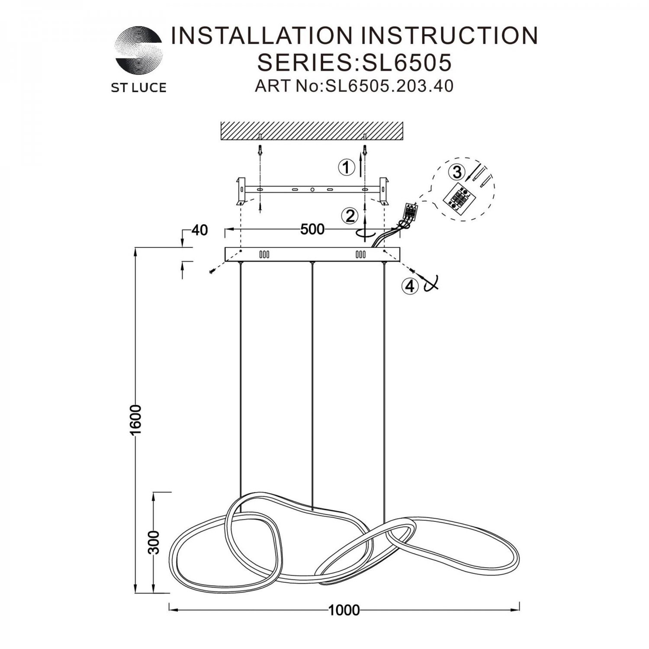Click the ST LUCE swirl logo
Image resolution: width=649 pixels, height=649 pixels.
(x=138, y=51)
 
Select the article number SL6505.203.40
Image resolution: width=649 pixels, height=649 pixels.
(x=389, y=86)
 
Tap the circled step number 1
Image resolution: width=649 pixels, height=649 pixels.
(x=346, y=167)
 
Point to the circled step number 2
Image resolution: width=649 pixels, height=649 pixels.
(x=350, y=215)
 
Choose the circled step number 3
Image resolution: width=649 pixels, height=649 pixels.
(x=457, y=172)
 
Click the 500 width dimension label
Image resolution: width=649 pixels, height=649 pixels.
(x=312, y=229)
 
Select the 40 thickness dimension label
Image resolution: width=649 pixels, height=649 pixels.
(x=199, y=230)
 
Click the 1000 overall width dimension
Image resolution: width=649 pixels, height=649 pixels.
(x=344, y=610)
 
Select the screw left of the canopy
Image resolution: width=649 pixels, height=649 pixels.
(x=212, y=271)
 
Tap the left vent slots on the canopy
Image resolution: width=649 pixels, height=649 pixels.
(x=264, y=254)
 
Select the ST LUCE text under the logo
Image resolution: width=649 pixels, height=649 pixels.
(x=138, y=88)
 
